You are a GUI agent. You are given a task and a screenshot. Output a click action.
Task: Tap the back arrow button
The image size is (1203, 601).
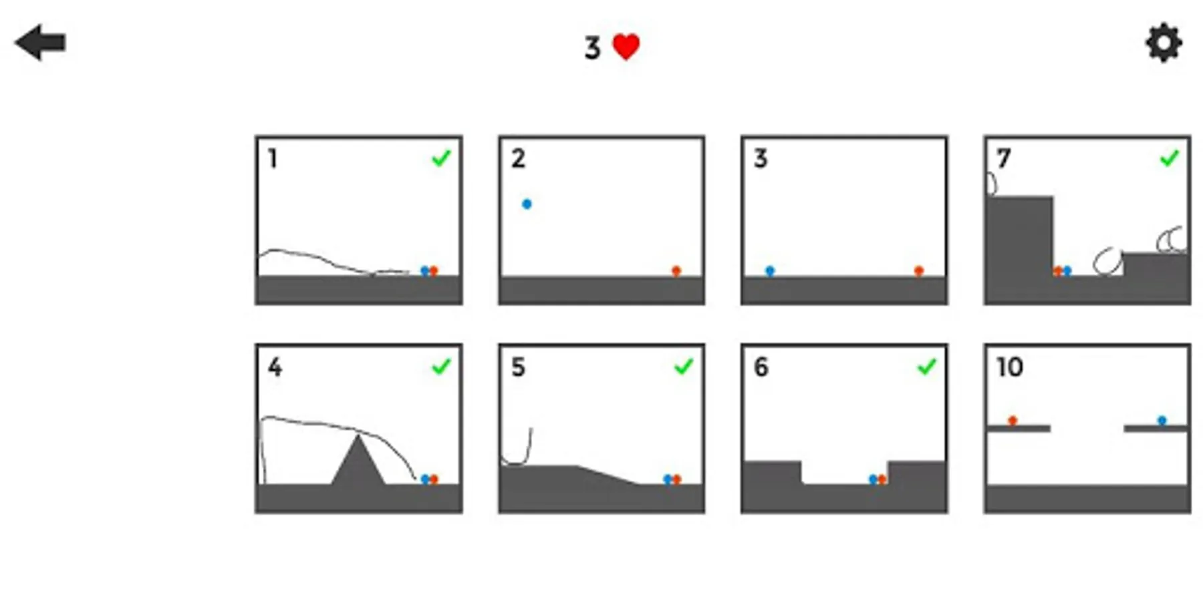coord(40,43)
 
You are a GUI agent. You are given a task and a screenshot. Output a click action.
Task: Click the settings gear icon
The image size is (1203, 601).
coord(1164,43)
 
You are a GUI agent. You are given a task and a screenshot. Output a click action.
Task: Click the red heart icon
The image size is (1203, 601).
coord(626,47)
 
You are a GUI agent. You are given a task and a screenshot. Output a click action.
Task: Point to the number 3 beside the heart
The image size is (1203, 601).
coord(592,47)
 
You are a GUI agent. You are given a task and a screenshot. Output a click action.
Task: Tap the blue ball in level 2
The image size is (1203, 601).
coord(527,204)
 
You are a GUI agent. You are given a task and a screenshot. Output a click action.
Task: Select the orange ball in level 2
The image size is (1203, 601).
coord(676,270)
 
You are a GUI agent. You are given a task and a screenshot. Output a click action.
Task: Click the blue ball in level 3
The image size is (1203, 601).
coord(770,270)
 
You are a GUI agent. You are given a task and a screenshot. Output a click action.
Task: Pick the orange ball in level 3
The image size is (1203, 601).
coord(919,270)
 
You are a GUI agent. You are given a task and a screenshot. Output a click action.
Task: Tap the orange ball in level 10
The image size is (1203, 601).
coord(1013,420)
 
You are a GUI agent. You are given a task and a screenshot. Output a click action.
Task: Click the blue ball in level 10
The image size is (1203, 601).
coord(1162,420)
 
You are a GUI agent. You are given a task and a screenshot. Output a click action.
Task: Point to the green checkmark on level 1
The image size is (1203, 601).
coord(441,158)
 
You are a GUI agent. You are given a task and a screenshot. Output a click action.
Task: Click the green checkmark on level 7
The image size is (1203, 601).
coord(1169,158)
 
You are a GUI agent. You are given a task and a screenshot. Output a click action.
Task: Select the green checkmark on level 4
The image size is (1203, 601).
coord(441,367)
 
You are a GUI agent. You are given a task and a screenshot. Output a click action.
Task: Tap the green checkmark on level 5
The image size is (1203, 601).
coord(684,367)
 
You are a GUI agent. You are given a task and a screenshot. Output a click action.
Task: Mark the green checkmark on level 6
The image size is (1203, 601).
coord(926,367)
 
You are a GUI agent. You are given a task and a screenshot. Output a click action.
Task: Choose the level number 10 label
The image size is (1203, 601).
coord(1010,367)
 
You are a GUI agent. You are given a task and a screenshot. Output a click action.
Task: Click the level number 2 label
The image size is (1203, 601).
coord(518,158)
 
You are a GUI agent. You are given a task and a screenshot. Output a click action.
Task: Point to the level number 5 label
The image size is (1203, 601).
coord(518,367)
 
